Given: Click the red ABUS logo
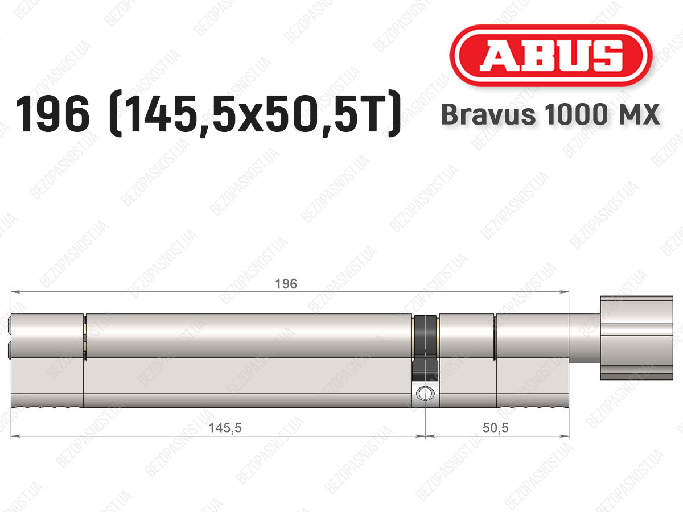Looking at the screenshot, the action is pos(551,56).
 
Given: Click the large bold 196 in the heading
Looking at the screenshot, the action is pos(52,114).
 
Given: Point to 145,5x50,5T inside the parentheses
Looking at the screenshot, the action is pos(254,114).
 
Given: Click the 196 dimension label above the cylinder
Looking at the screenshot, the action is pos(286,284).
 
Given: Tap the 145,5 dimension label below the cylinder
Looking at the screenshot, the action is pos(225,428).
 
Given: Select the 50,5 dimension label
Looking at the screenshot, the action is pos(495,428).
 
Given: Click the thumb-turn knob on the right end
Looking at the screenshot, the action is pos(636,338).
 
